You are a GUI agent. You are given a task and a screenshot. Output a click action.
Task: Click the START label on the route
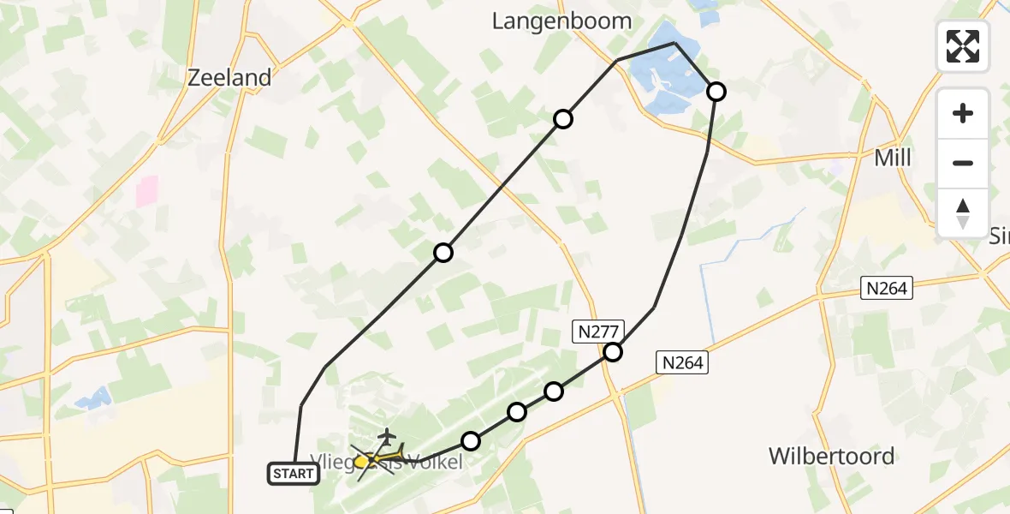(294, 473)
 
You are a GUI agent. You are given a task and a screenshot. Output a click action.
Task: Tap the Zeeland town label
(229, 77)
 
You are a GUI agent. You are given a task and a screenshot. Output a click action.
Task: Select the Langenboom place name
(561, 21)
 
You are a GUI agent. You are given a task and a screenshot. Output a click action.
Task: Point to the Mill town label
(893, 158)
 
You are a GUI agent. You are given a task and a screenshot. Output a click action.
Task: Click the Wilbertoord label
(831, 456)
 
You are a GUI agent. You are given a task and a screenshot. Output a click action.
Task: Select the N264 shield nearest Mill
(886, 288)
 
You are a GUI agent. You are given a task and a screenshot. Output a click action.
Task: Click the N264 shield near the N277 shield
(681, 362)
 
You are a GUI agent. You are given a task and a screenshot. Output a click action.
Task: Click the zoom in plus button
(963, 113)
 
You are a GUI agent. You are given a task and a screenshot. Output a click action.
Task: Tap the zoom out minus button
(963, 163)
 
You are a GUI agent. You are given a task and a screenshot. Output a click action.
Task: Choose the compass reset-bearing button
(963, 212)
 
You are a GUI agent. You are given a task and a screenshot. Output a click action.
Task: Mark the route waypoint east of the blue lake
(716, 91)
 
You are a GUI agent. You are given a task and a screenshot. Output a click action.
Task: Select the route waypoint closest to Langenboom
(562, 119)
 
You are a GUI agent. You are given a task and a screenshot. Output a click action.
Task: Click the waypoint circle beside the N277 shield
(613, 351)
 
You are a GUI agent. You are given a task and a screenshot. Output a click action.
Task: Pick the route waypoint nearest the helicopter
(471, 441)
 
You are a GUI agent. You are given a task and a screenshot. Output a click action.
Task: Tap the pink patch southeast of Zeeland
(147, 191)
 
